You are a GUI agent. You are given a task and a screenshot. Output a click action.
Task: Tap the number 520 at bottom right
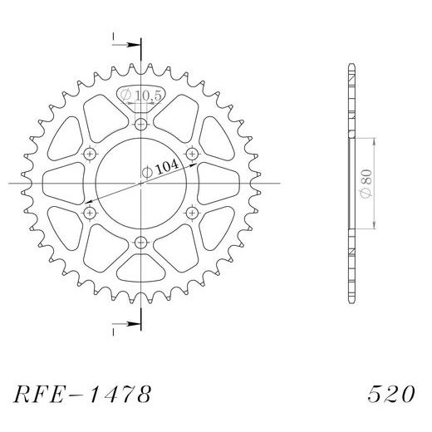[390, 391]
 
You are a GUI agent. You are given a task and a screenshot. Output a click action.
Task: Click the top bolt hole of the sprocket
[140, 125]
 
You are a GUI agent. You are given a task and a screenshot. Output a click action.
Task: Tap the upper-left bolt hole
[90, 154]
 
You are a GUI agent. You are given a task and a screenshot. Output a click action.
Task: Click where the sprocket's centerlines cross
[140, 183]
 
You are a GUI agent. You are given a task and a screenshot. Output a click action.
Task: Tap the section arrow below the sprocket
[116, 323]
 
